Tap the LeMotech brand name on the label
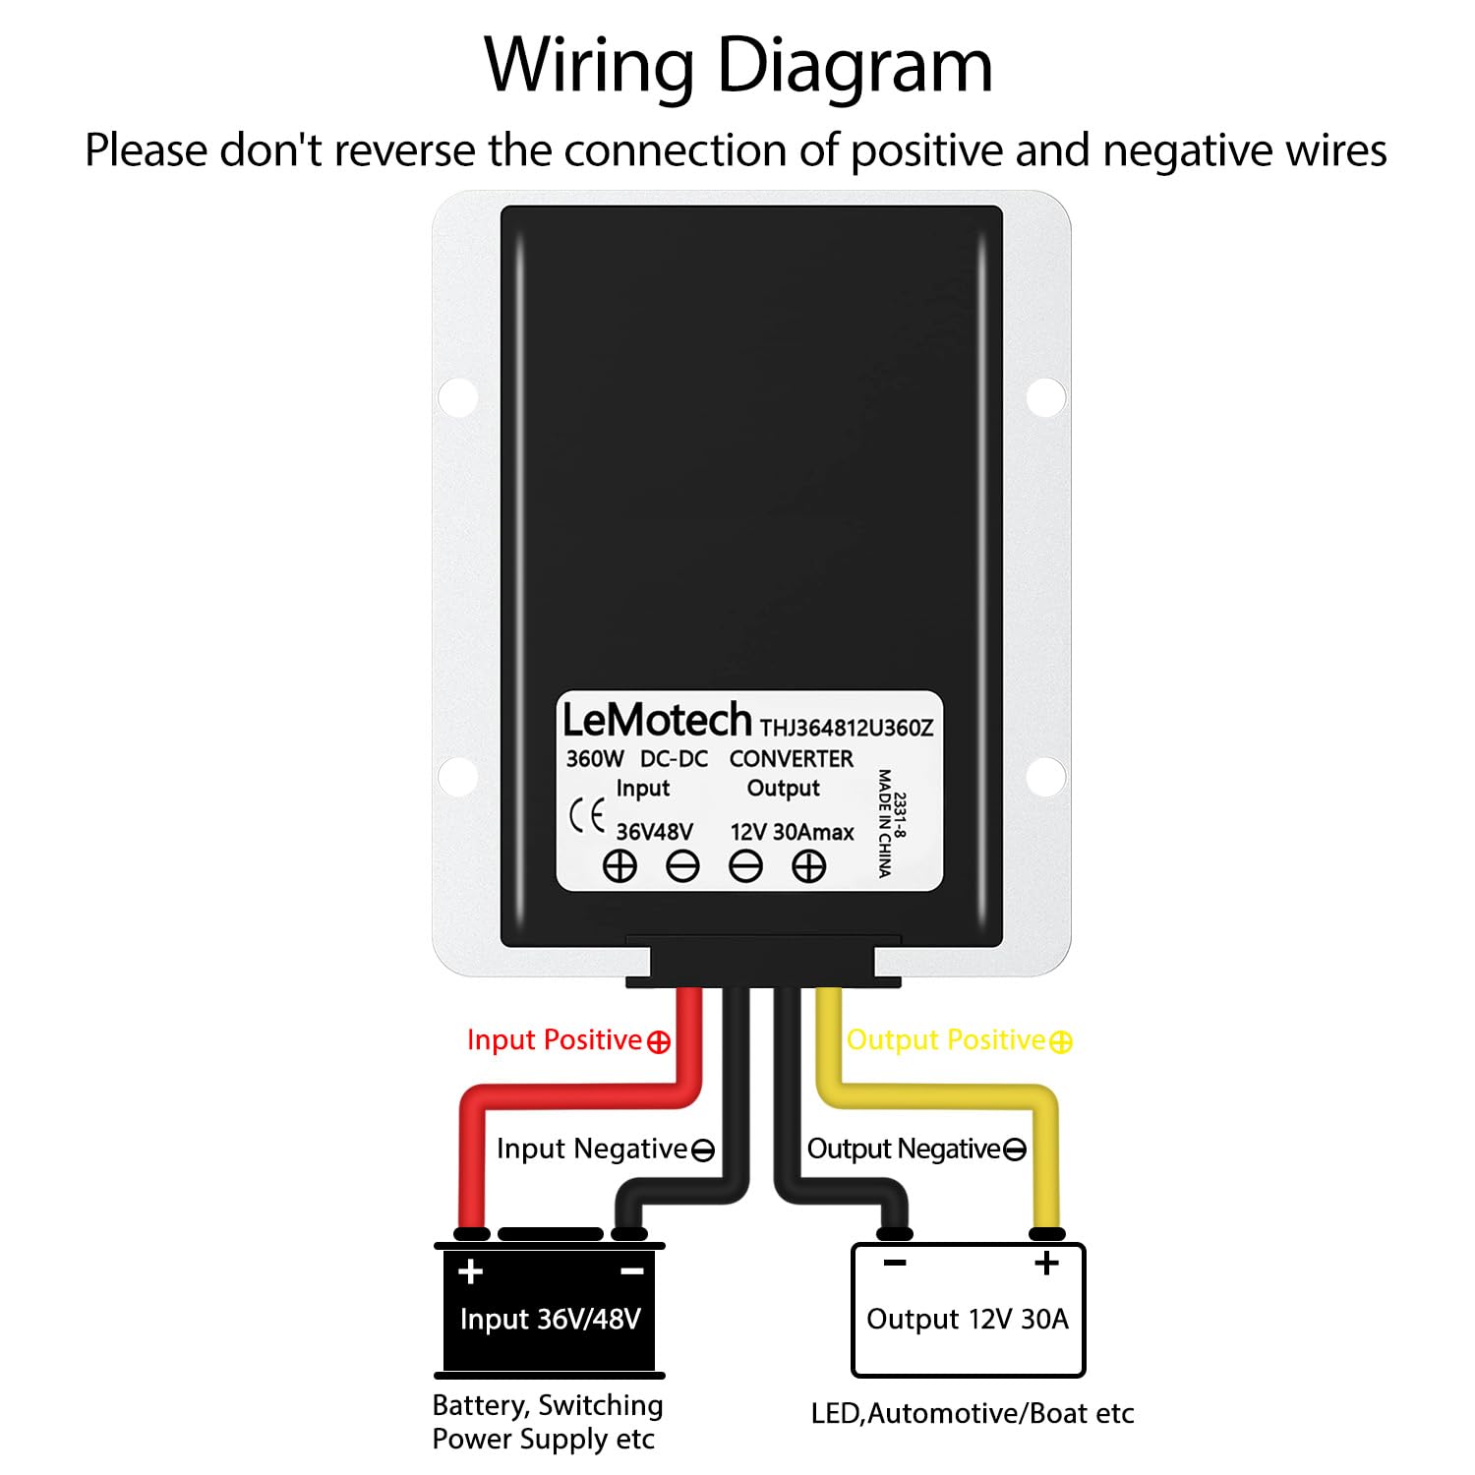(656, 721)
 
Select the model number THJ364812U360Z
(847, 728)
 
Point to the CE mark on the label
(587, 817)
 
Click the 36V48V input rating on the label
(654, 832)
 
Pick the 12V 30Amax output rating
(792, 832)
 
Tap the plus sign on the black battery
(470, 1271)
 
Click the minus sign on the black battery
(632, 1271)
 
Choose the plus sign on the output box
(1046, 1263)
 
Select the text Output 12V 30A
(967, 1319)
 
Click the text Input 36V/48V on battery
(550, 1319)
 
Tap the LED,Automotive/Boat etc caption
(972, 1414)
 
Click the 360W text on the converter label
(594, 759)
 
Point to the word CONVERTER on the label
(791, 759)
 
